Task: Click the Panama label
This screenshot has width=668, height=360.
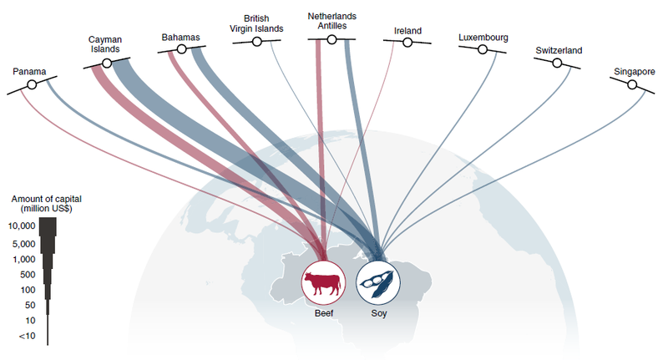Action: pyautogui.click(x=29, y=71)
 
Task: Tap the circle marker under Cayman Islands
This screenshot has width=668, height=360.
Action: pyautogui.click(x=107, y=63)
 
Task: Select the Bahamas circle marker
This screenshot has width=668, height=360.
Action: pyautogui.click(x=181, y=49)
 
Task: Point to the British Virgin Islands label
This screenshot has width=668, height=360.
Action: pyautogui.click(x=256, y=23)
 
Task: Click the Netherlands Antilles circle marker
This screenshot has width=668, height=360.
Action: pyautogui.click(x=331, y=39)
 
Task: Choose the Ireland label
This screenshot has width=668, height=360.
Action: pyautogui.click(x=407, y=31)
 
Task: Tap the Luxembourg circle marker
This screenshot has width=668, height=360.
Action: pyautogui.click(x=483, y=49)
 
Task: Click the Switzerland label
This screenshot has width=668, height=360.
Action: pyautogui.click(x=559, y=50)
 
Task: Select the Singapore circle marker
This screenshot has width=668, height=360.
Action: pyautogui.click(x=632, y=85)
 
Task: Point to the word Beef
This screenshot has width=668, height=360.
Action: pyautogui.click(x=324, y=313)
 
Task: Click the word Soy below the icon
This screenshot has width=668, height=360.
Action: pyautogui.click(x=379, y=313)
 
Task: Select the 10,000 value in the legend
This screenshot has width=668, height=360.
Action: pyautogui.click(x=22, y=226)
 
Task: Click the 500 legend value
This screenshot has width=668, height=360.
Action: pyautogui.click(x=28, y=275)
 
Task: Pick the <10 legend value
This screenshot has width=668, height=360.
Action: pyautogui.click(x=28, y=336)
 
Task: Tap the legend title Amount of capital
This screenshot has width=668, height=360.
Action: pyautogui.click(x=46, y=199)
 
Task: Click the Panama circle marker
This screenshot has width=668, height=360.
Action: pyautogui.click(x=32, y=85)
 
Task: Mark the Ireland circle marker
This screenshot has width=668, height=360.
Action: pyautogui.click(x=407, y=42)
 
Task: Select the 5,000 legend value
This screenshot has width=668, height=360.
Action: pyautogui.click(x=24, y=244)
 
